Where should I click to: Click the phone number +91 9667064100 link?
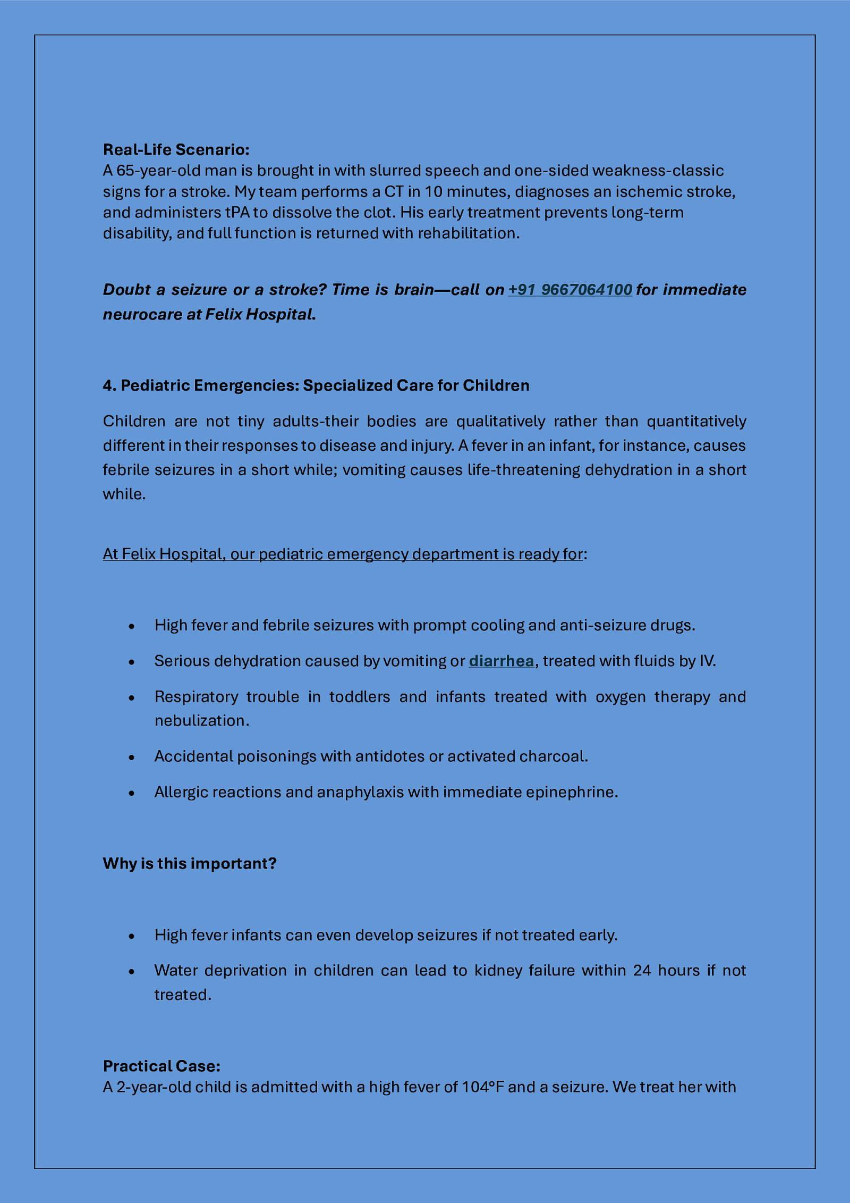(570, 290)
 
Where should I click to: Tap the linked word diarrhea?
(501, 661)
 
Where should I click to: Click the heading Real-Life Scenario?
(176, 149)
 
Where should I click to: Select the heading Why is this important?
(190, 863)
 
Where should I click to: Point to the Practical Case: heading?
(161, 1066)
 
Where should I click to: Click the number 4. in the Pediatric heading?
(109, 385)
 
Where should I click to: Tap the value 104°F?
(483, 1087)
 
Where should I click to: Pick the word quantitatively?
(696, 421)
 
